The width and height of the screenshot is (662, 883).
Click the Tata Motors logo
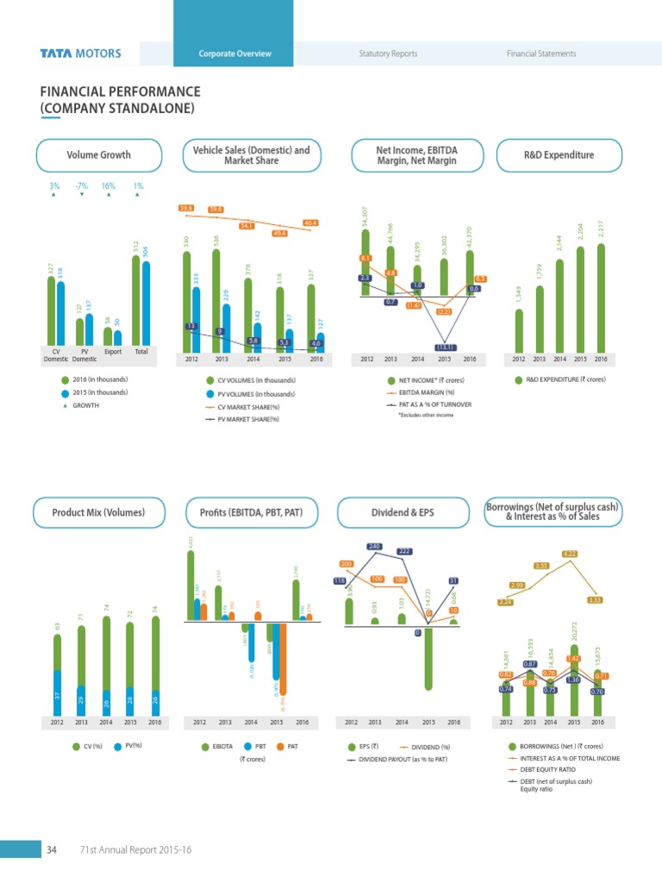80,53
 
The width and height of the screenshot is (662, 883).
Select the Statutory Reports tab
388,53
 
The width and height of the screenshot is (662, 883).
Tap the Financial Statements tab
541,53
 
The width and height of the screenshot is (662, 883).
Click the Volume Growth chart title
99,155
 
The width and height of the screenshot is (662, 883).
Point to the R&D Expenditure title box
559,155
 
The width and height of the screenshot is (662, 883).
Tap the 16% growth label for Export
109,185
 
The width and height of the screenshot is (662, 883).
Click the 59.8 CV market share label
186,208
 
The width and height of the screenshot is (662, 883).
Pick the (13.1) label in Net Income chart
445,347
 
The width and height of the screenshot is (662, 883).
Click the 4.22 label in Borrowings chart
570,554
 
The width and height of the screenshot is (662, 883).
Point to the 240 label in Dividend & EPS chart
375,546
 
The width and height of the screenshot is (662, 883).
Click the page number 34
51,851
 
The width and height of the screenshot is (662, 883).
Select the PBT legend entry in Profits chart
254,746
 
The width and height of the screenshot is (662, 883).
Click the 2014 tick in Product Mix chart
106,722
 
